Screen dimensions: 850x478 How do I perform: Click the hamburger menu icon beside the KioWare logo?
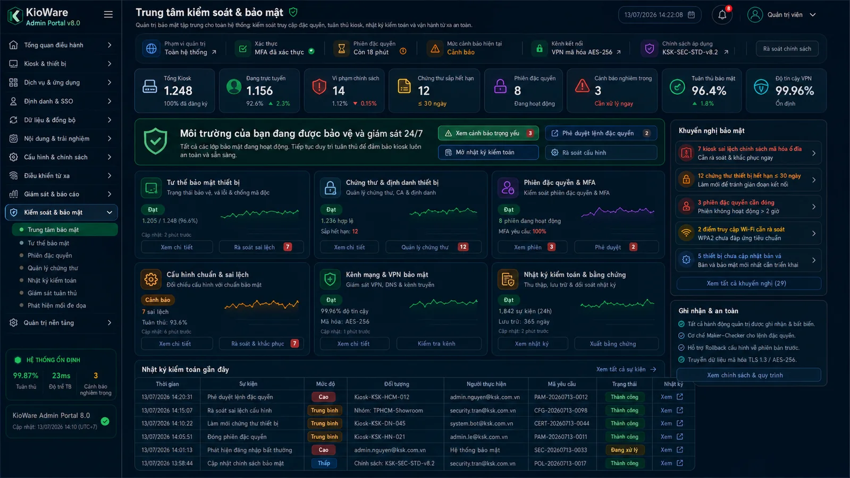point(108,15)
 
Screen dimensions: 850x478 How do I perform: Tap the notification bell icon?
point(722,15)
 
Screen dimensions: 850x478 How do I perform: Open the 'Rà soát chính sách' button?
point(787,48)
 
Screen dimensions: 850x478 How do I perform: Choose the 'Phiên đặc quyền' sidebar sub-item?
point(50,255)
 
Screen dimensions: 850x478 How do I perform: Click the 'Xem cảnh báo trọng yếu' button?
point(488,133)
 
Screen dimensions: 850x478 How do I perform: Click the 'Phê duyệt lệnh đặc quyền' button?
point(601,133)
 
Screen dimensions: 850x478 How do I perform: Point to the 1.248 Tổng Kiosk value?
point(178,91)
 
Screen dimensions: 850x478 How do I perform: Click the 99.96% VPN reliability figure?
point(795,91)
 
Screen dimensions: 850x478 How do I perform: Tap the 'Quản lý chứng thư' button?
point(433,247)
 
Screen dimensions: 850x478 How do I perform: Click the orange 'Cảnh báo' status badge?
point(157,300)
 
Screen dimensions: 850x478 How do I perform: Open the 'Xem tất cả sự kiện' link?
point(626,369)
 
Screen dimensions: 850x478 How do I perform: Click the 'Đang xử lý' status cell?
point(624,450)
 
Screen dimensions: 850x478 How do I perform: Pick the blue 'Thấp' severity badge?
point(324,463)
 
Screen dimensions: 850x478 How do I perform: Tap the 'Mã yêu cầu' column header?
point(561,384)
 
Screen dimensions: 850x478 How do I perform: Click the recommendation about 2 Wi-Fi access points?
point(748,234)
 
